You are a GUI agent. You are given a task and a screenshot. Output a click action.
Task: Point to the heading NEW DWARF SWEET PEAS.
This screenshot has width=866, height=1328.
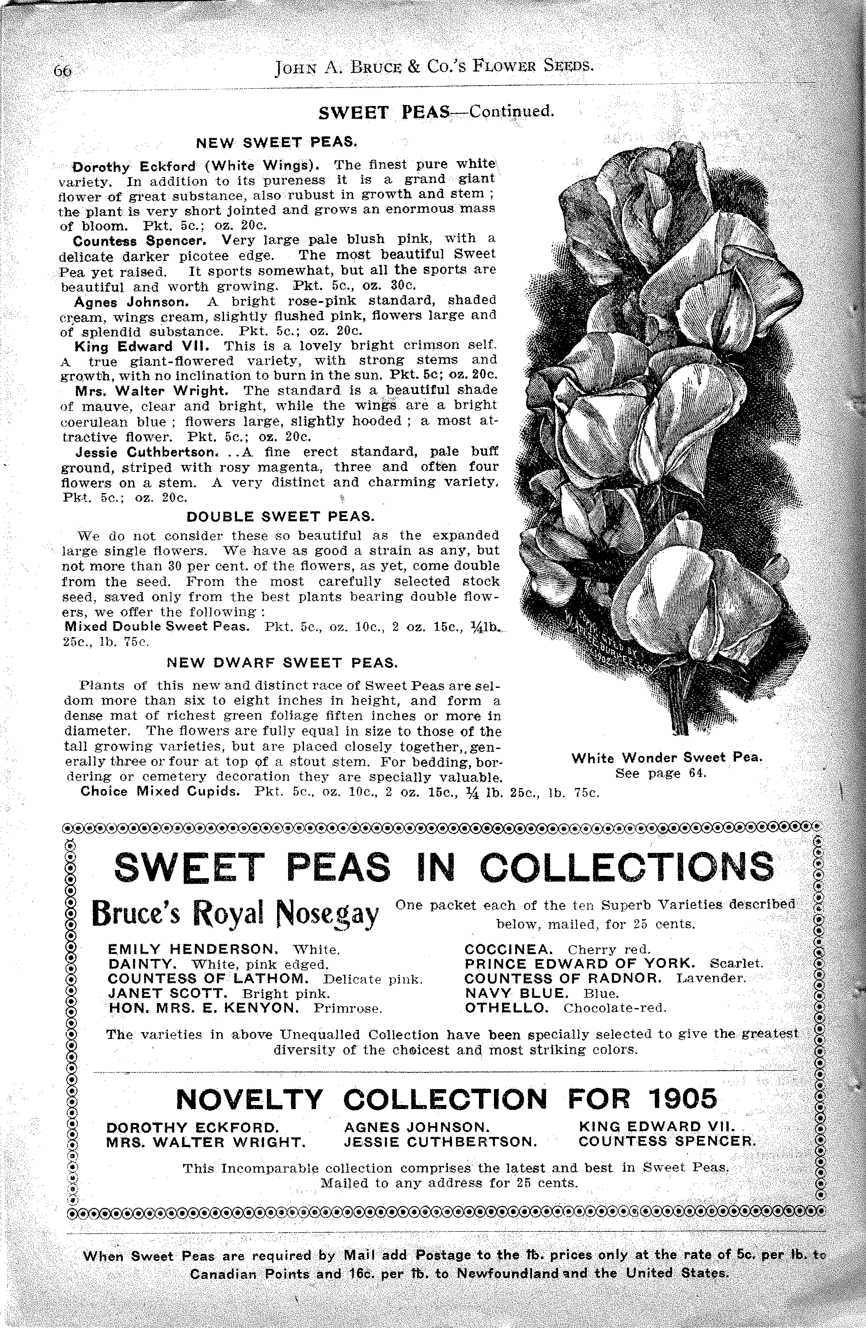coord(282,663)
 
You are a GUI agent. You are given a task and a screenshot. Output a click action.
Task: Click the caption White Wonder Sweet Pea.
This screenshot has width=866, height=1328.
coord(667,758)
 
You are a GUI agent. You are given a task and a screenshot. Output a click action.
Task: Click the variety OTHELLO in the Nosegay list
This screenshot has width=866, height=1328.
coord(506,1008)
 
